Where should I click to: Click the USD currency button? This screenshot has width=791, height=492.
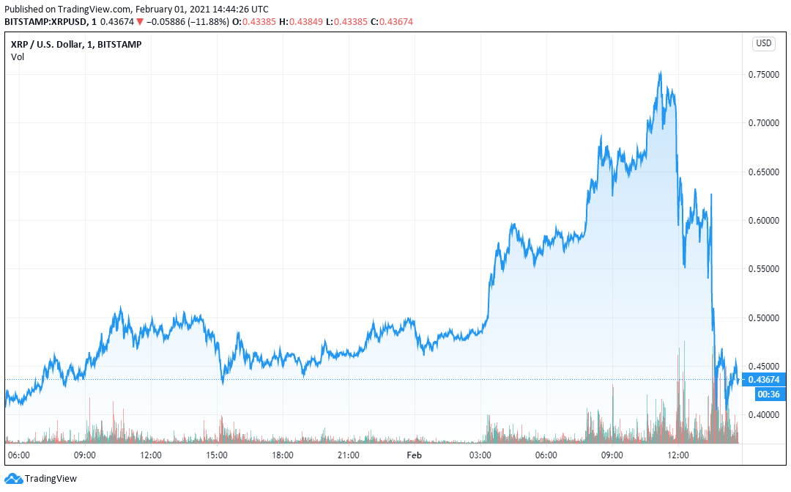point(763,43)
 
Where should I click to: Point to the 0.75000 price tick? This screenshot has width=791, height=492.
point(763,75)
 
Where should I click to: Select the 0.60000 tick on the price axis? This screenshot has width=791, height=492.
point(763,220)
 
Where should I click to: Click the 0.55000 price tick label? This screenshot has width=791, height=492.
point(763,269)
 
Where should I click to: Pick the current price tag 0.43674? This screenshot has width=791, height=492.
point(765,379)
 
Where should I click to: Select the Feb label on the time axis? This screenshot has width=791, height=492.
point(415,455)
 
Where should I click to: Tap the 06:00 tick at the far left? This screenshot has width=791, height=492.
point(19,455)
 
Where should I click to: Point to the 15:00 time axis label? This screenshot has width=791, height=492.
point(217,455)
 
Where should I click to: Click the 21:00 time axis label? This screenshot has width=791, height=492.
point(349,455)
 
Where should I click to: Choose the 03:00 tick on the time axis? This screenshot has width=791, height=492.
point(480,455)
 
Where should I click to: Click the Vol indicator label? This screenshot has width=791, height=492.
point(18,56)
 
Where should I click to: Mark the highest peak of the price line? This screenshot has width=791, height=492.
point(661,72)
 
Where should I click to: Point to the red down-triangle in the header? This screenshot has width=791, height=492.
point(140,22)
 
